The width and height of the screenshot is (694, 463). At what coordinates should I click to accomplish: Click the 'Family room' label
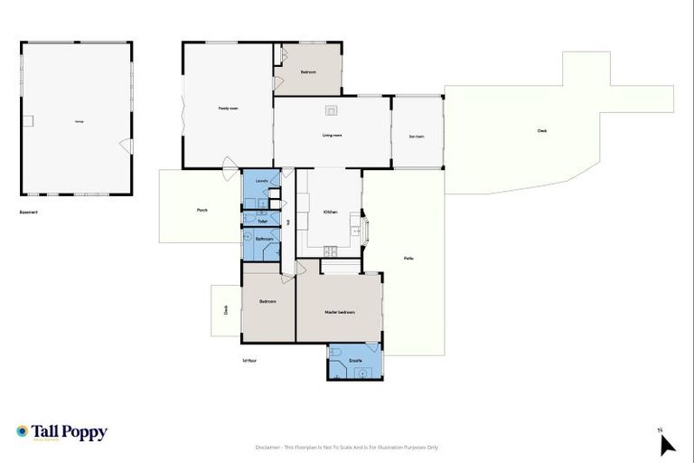[x=228, y=108]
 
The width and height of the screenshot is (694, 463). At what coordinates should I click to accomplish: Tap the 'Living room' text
[x=332, y=135]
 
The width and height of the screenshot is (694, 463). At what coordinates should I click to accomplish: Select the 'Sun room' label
[x=417, y=136]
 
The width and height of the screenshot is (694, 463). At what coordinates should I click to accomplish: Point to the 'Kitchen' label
[x=331, y=212]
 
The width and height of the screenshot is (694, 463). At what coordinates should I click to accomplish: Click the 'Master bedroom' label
[x=340, y=312]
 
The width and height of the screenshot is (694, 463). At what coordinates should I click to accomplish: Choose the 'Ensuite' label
[x=356, y=361]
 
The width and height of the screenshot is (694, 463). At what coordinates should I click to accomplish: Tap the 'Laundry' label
[x=262, y=180]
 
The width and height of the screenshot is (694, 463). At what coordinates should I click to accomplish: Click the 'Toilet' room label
[x=262, y=221]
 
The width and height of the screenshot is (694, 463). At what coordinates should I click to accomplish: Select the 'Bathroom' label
[x=264, y=239]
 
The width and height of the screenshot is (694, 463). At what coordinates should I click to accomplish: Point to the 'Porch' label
[x=202, y=210]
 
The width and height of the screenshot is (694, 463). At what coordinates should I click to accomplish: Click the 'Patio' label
[x=408, y=259]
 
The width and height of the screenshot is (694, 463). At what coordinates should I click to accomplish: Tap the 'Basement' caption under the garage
[x=28, y=213]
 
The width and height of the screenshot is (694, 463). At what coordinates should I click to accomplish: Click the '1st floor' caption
[x=249, y=360]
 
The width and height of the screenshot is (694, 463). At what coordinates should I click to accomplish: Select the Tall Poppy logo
[x=61, y=432]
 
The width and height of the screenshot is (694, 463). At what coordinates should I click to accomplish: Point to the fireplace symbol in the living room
[x=332, y=110]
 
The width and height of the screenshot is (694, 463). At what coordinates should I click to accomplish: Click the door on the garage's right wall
[x=127, y=146]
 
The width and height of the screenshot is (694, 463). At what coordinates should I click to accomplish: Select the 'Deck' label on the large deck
[x=542, y=130]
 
